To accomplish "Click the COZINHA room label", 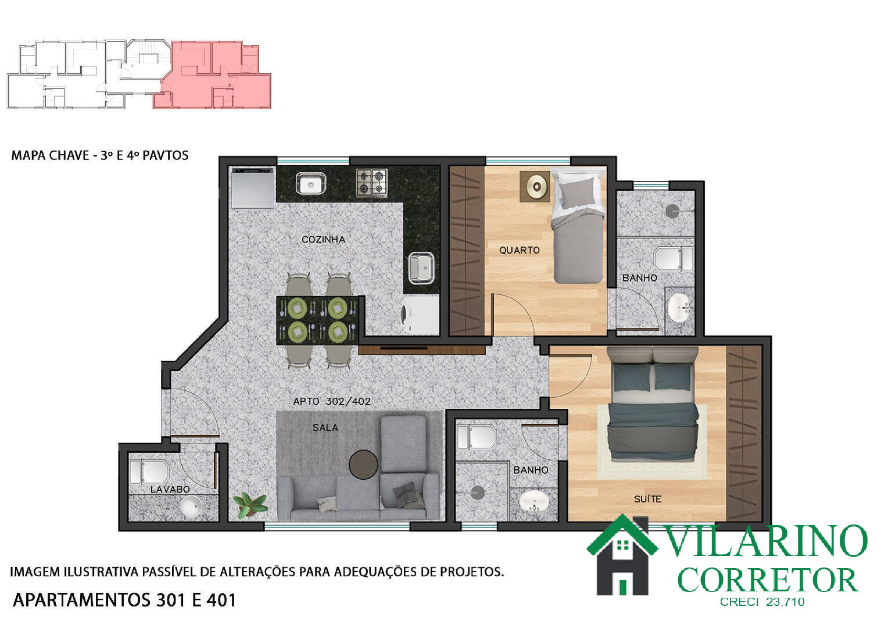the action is point(323,240).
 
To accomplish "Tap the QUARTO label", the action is point(520,250).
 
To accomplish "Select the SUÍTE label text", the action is point(648,499).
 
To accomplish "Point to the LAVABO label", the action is point(170,490).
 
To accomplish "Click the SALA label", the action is point(325,427).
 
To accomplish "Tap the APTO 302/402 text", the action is point(332,401).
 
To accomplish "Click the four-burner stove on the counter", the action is point(371,183).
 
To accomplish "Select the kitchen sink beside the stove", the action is point(311,183).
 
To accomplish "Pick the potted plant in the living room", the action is point(250,505).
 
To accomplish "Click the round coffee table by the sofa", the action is point(363,465).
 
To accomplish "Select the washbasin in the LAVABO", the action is point(191,506).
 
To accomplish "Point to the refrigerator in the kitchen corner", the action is point(253,188).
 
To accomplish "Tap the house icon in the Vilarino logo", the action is point(622,555).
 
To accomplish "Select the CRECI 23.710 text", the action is point(762,602).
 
